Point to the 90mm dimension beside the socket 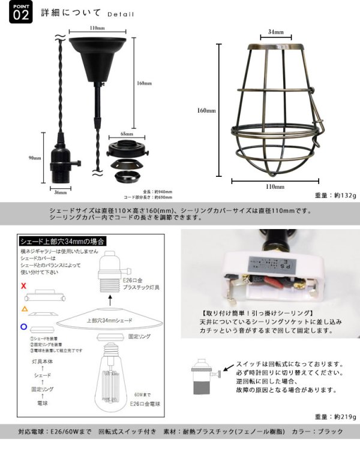click(x=34, y=158)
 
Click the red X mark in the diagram click(x=23, y=287)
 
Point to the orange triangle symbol click(x=24, y=308)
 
